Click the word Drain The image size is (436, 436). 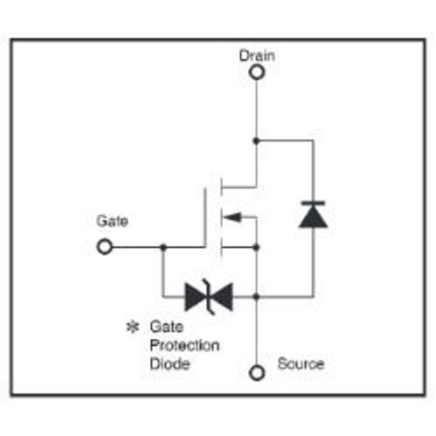(257, 55)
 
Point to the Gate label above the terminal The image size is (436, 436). (112, 221)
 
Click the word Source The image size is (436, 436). (300, 363)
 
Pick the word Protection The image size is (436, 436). (185, 346)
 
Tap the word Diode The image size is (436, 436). (170, 364)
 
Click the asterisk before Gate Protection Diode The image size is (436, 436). (133, 327)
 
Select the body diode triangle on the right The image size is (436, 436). (313, 217)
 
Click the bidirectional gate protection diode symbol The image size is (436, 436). (209, 296)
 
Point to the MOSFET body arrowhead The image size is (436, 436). (232, 217)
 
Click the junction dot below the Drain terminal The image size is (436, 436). (257, 140)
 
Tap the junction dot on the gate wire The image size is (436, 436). (164, 247)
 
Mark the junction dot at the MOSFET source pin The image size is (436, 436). (257, 247)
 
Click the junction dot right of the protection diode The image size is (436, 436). (257, 296)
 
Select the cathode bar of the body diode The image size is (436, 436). (313, 203)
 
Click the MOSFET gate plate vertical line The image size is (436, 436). (205, 217)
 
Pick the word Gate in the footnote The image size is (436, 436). (167, 327)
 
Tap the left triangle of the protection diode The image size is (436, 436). (195, 296)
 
